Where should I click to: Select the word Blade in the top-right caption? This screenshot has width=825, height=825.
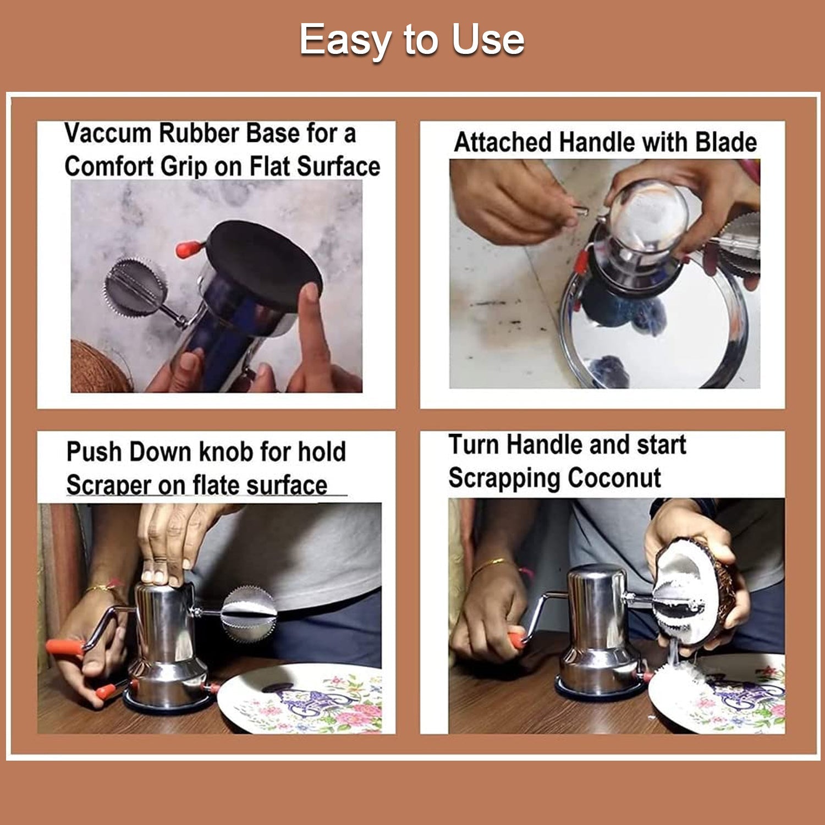point(726,142)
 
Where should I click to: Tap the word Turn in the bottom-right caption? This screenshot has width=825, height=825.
point(474,444)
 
